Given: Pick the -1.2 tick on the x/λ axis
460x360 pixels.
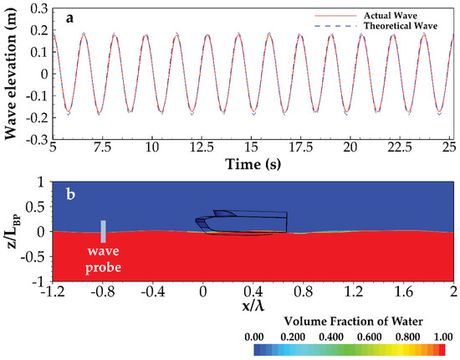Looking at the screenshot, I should (x=55, y=292).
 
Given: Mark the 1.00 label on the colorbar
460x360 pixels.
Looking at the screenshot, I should (x=442, y=334).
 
